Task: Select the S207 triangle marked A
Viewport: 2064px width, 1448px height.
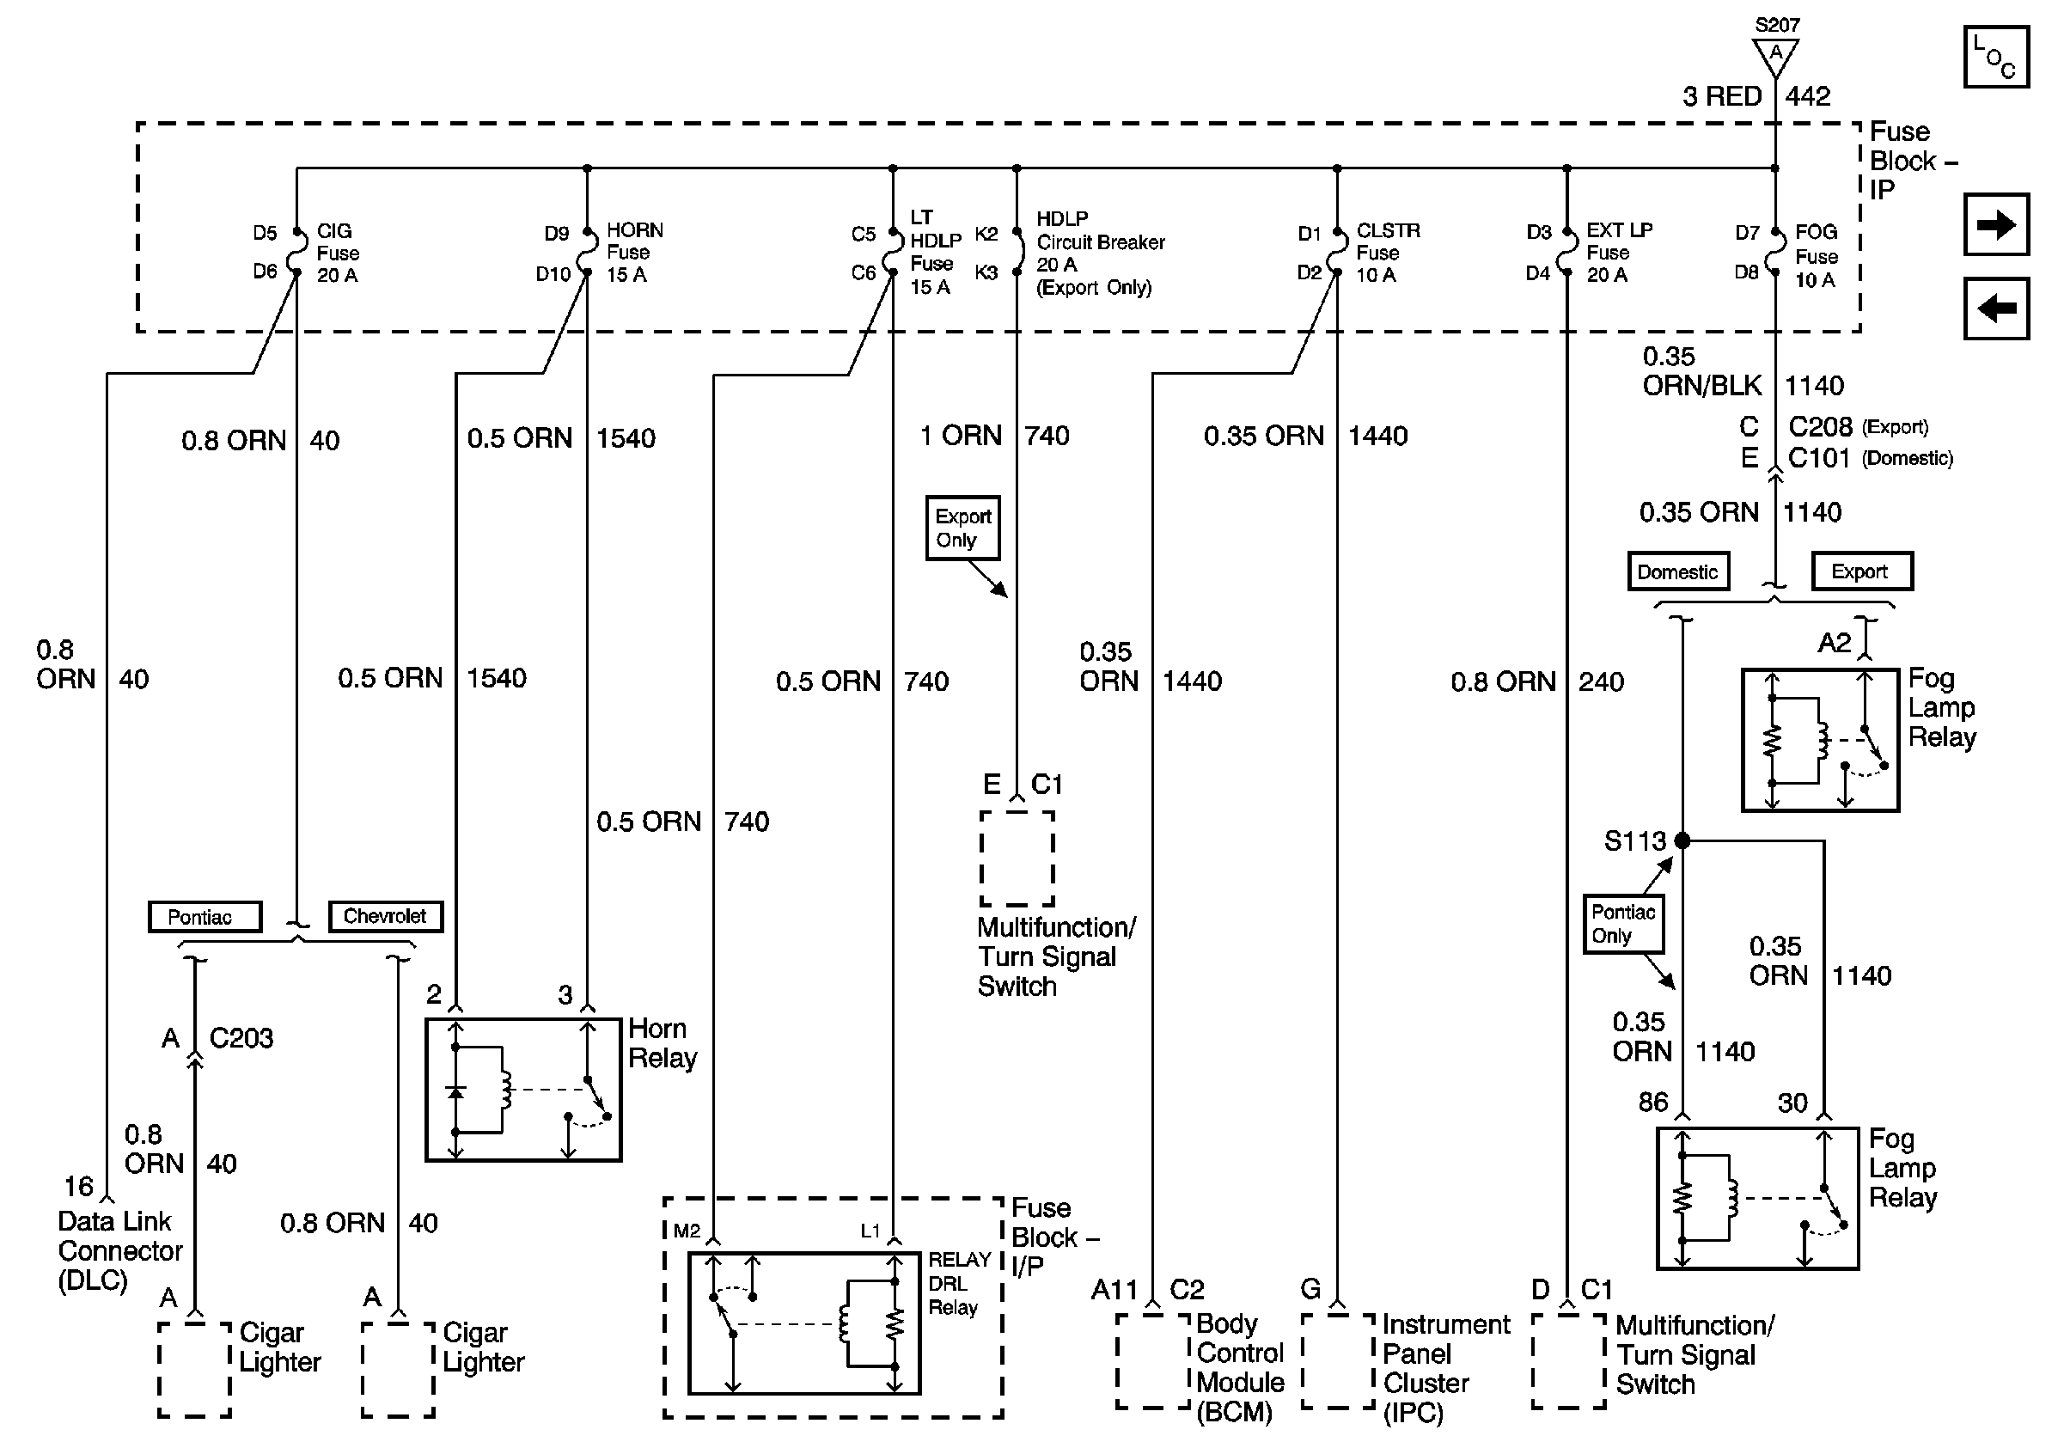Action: point(1775,56)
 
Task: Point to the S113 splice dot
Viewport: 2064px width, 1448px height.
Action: point(1682,840)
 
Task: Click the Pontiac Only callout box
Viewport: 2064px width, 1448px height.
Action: point(1623,923)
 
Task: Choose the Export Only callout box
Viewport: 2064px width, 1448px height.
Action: point(962,528)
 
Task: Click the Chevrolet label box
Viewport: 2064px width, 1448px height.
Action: point(385,916)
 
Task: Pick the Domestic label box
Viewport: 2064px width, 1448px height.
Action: point(1677,571)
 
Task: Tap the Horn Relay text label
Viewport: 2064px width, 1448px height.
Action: point(663,1042)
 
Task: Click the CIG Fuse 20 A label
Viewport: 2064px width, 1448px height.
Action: point(338,253)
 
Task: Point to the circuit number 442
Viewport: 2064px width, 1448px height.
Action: point(1808,96)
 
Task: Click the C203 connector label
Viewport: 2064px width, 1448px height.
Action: point(241,1038)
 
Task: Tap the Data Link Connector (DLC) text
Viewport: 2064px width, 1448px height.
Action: point(119,1250)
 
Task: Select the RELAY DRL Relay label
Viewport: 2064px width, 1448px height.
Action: point(959,1284)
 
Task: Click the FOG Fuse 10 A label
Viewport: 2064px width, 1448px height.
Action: point(1817,256)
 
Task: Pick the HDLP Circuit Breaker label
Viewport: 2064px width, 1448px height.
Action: point(1101,253)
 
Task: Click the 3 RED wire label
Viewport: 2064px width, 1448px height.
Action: point(1721,96)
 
